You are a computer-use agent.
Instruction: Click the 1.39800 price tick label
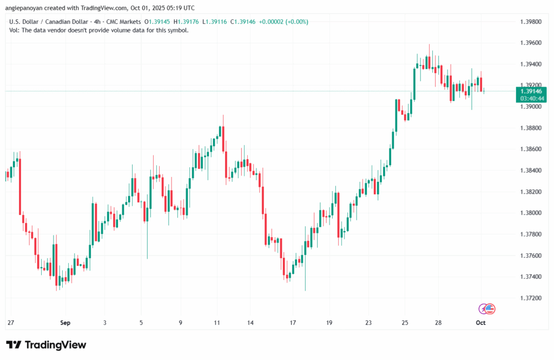pos(530,22)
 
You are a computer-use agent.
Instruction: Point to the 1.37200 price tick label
pos(530,298)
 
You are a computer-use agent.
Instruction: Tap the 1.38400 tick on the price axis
pos(530,171)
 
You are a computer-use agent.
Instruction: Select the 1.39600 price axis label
pos(530,43)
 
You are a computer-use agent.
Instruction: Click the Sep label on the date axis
pos(65,323)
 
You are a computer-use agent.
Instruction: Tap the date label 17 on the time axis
pos(293,323)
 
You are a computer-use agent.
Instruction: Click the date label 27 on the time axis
pos(10,323)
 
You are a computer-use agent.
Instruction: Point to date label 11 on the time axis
pos(217,323)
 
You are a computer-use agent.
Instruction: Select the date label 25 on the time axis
pos(405,323)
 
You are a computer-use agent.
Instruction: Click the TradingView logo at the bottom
pos(46,345)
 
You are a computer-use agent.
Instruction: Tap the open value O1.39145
pos(155,22)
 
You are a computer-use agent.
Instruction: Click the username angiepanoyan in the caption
pos(26,8)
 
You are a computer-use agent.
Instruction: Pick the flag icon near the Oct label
pos(490,309)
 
